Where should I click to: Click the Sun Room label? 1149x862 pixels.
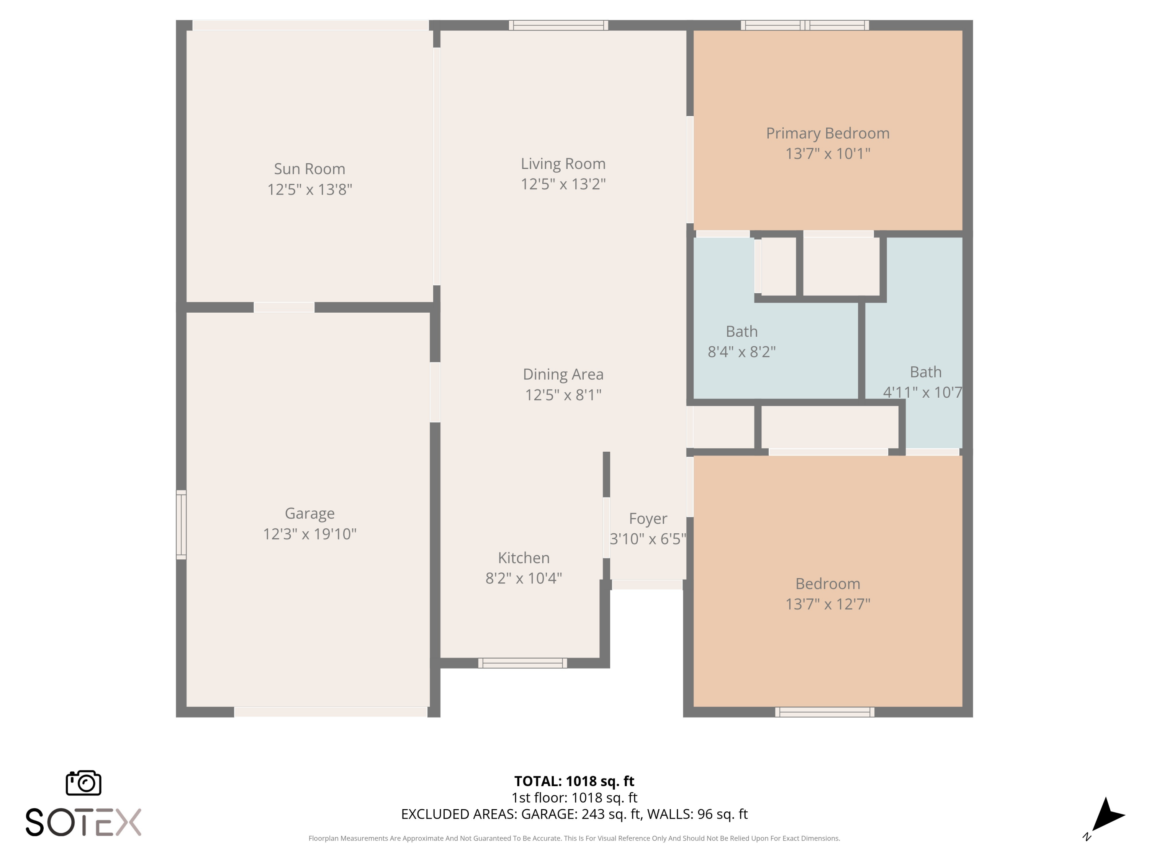[309, 169]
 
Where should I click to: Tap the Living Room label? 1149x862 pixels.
[563, 164]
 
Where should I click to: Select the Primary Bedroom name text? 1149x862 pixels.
[827, 134]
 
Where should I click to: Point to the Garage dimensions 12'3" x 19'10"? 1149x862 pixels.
[309, 534]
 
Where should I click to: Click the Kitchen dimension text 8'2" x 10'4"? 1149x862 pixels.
[524, 578]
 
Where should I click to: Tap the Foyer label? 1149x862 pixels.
[648, 519]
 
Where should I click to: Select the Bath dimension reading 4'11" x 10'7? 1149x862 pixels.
[923, 392]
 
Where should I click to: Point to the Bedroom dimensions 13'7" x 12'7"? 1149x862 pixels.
[827, 604]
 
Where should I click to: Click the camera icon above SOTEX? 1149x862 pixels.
[83, 782]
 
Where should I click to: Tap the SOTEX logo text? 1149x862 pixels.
[83, 822]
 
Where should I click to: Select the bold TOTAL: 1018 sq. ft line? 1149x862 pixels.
[574, 781]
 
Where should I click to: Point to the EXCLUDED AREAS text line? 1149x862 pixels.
[574, 814]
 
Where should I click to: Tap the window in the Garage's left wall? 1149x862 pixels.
[181, 525]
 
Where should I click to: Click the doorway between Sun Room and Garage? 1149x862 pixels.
[284, 307]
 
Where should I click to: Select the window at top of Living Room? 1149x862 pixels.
[558, 25]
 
